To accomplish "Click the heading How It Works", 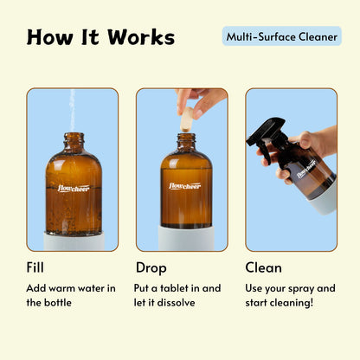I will (x=100, y=37).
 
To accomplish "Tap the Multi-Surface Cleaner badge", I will (x=281, y=36).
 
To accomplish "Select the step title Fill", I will (x=35, y=267).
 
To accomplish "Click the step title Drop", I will (x=151, y=267).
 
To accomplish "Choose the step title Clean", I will (x=263, y=267).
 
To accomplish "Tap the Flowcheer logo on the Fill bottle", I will (x=73, y=187).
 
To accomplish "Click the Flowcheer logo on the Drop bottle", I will (x=184, y=185).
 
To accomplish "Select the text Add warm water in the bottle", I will (x=71, y=295).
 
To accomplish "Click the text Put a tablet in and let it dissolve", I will (x=177, y=295).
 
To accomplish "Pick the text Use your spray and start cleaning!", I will (x=290, y=295).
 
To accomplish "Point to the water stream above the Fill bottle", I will (x=72, y=108).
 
